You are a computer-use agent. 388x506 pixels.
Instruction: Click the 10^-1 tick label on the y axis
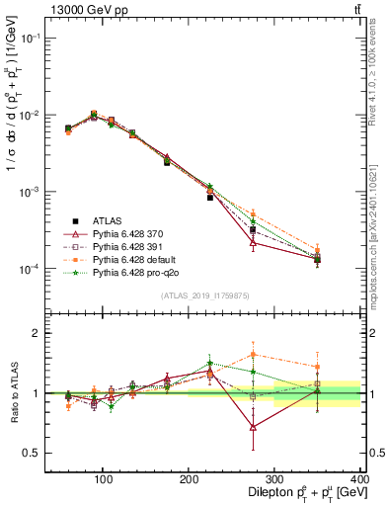point(27,38)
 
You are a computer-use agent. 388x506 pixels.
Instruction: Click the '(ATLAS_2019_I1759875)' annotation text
point(203,294)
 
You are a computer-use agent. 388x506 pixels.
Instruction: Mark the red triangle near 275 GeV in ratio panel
point(254,427)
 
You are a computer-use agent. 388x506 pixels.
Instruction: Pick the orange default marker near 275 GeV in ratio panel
point(254,354)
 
